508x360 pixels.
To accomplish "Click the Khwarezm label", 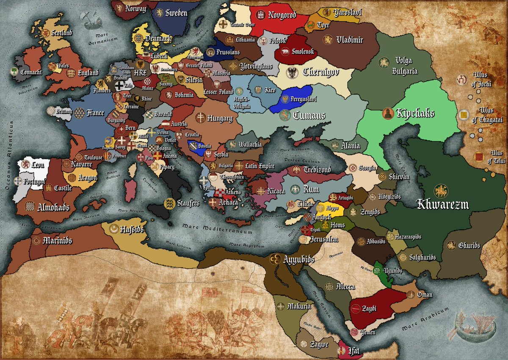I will point(443,205).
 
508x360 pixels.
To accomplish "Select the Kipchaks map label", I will point(415,113).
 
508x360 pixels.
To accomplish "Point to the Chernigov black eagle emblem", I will point(293,72).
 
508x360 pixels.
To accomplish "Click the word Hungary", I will point(220,118).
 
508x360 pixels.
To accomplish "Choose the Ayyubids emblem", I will point(275,258).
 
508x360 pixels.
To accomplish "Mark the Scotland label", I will point(62,33).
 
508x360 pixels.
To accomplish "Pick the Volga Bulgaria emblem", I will point(384,62).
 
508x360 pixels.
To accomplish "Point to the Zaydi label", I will point(369,308).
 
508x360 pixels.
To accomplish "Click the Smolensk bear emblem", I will point(286,52).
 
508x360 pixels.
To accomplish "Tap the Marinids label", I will point(57,241).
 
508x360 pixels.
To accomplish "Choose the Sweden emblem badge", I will point(160,13).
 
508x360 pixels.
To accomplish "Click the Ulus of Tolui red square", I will point(478,156).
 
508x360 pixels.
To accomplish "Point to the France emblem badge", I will point(79,113).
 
